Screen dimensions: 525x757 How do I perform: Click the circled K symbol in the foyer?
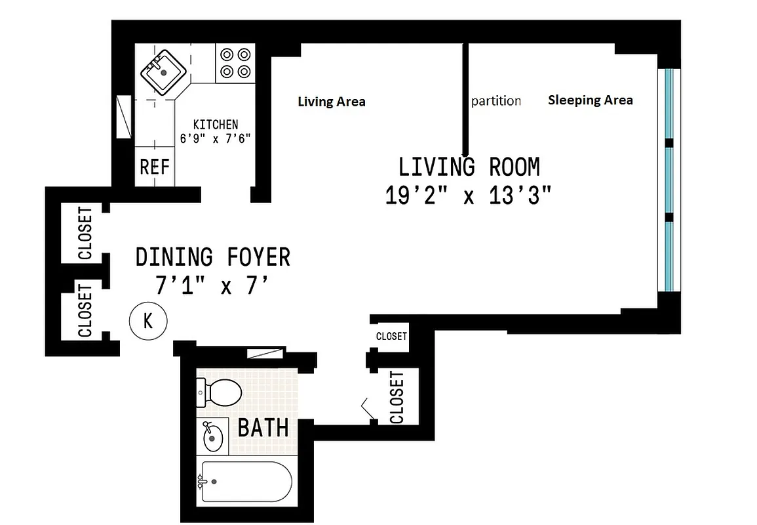tap(148, 321)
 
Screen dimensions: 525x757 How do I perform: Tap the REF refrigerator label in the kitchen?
tap(155, 167)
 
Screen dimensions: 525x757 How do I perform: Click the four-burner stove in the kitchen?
tap(235, 63)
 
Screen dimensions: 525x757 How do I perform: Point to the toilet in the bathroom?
tap(220, 392)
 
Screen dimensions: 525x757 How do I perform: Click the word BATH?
tap(263, 428)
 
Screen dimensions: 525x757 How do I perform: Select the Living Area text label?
tap(332, 102)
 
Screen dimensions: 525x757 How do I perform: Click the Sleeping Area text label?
tap(590, 100)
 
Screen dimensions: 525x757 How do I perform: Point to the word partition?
tap(496, 101)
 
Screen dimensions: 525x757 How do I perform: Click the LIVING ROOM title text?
tap(469, 167)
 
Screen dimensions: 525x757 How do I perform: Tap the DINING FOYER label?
tap(212, 257)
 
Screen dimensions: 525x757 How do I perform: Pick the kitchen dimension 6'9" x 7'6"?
tap(216, 138)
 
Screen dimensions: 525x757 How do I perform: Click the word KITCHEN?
tap(216, 124)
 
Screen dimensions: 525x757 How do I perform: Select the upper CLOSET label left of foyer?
tap(85, 234)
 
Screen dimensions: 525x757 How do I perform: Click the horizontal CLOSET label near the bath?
tap(391, 336)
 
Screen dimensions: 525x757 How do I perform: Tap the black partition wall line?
tap(465, 98)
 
